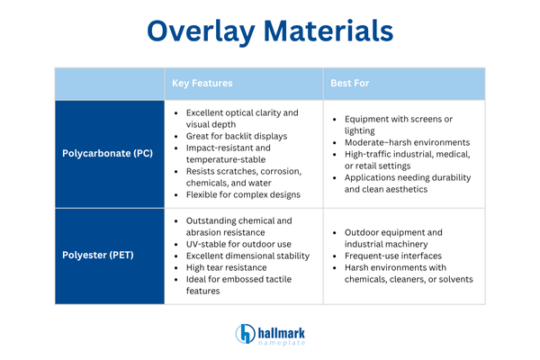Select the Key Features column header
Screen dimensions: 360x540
pyautogui.click(x=202, y=83)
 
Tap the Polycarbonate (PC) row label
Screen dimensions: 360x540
pyautogui.click(x=107, y=153)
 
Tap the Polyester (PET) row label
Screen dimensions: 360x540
pyautogui.click(x=99, y=256)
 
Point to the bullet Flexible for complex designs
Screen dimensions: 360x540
pyautogui.click(x=243, y=194)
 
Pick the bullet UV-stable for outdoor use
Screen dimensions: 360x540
pyautogui.click(x=240, y=244)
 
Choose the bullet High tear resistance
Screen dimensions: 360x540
pyautogui.click(x=230, y=267)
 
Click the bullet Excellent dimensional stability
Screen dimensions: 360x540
pyautogui.click(x=247, y=256)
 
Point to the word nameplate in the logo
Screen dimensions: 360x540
pyautogui.click(x=282, y=343)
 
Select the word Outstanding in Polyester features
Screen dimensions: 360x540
pyautogui.click(x=214, y=220)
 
